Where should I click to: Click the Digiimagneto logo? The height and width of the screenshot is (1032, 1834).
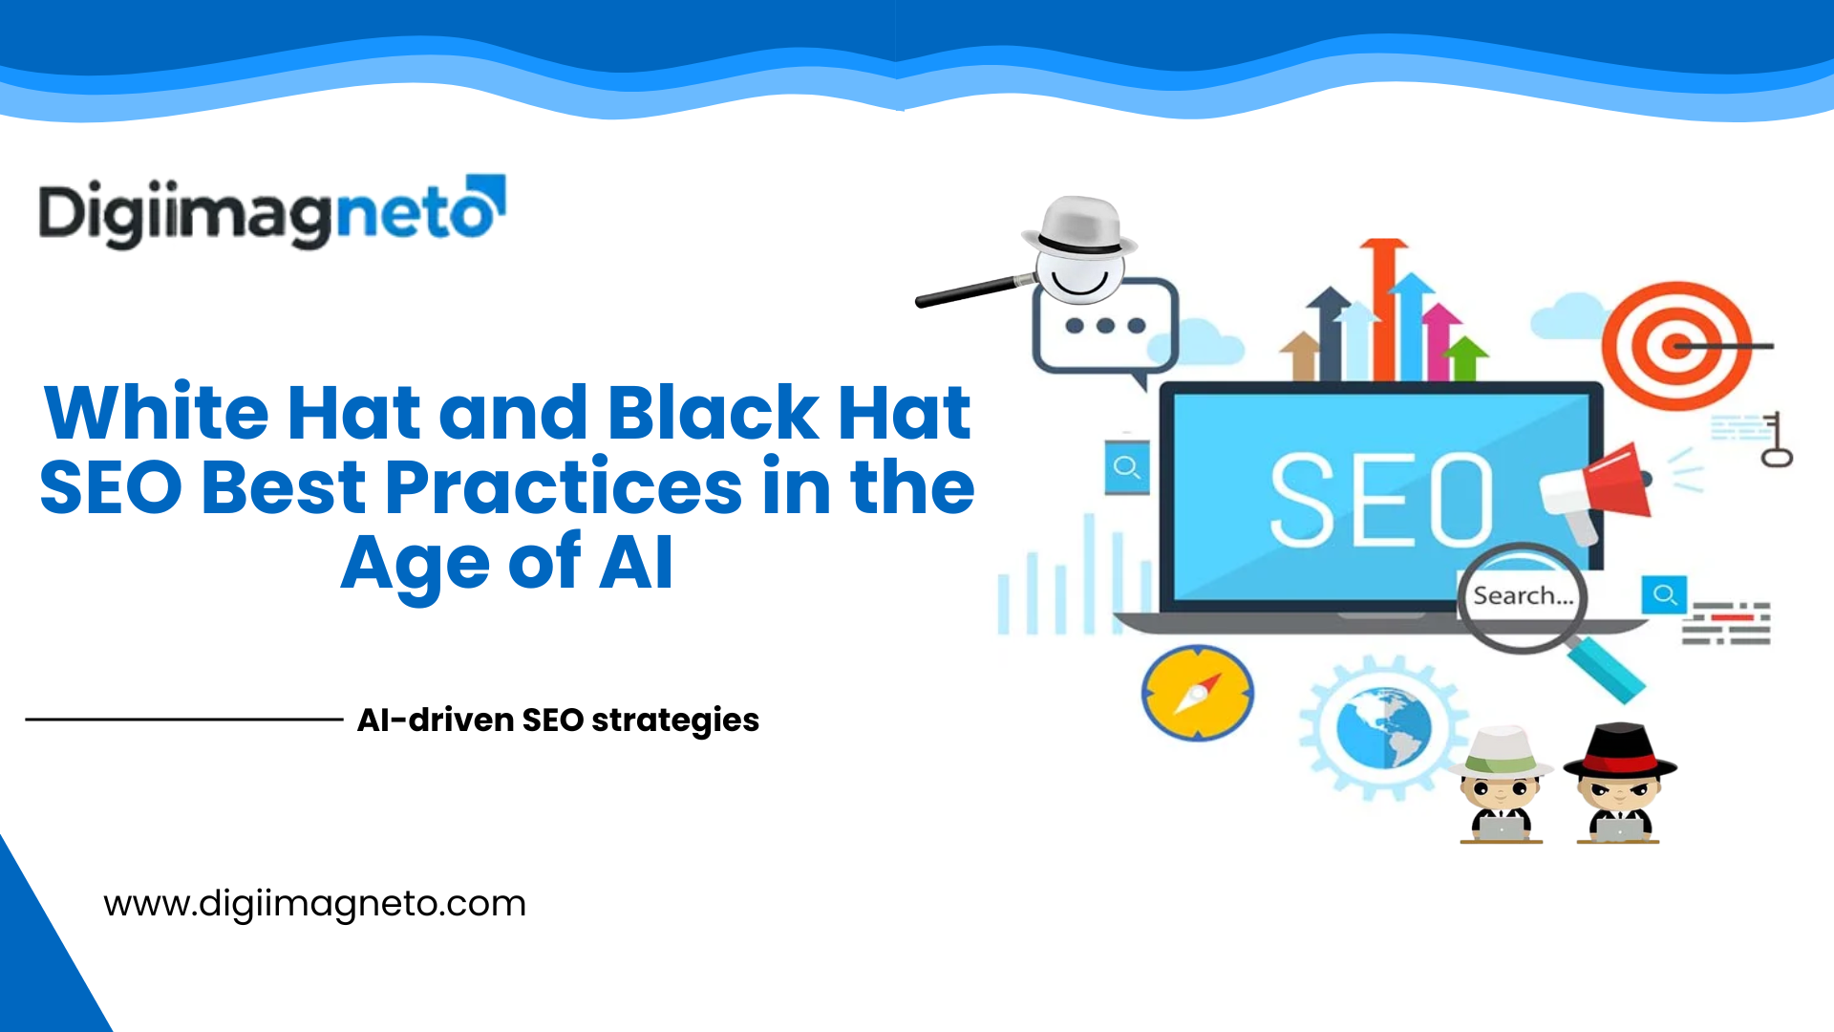(271, 212)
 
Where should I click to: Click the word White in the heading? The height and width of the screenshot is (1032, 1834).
(157, 413)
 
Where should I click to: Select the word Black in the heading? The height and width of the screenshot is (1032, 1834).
(713, 413)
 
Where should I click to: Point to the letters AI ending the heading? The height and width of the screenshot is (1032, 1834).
(636, 564)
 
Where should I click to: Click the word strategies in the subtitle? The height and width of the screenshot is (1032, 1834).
(674, 720)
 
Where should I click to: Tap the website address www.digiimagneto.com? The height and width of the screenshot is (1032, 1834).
(314, 904)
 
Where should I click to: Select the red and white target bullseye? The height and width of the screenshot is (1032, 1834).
(1675, 346)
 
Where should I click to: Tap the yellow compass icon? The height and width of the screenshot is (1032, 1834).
(1197, 694)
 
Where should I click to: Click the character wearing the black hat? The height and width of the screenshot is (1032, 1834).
(1619, 784)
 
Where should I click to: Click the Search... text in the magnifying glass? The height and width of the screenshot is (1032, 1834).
(1523, 596)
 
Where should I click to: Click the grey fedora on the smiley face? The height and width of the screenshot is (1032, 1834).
(1079, 226)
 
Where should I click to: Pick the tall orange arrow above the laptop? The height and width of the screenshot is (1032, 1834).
(1383, 306)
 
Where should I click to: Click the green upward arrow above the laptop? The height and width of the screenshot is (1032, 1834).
(1464, 357)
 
